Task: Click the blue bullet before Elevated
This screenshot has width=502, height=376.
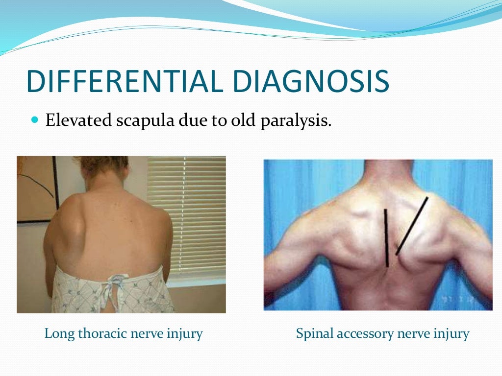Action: point(34,119)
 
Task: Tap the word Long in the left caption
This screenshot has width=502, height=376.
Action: point(57,334)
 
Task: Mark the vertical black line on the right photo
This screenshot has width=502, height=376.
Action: point(386,238)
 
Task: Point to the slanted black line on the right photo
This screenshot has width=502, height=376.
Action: point(412,225)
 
